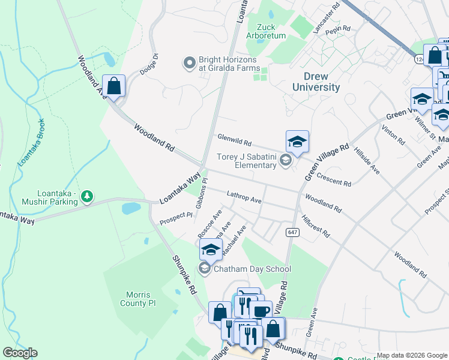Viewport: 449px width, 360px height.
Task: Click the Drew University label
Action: tap(316, 82)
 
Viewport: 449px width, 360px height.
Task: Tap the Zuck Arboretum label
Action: tap(271, 31)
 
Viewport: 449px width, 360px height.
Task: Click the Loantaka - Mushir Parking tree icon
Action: tap(88, 196)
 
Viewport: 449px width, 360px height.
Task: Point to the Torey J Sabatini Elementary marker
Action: tap(286, 160)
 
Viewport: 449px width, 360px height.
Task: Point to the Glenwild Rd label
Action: tap(234, 140)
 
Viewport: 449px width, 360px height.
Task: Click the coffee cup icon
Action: tap(261, 311)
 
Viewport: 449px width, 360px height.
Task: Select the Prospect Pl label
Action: tap(176, 219)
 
